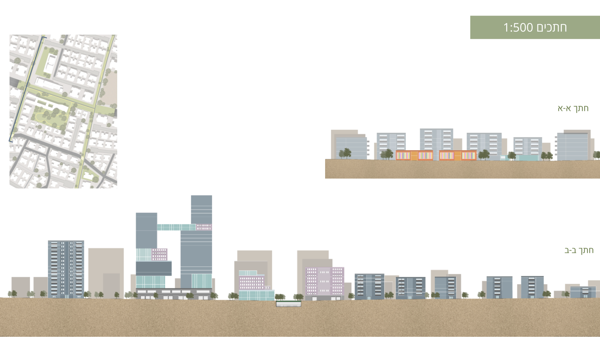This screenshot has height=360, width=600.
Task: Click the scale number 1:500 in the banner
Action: (518, 28)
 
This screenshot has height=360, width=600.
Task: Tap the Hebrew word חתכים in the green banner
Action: (552, 28)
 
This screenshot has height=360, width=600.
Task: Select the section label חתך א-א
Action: (573, 108)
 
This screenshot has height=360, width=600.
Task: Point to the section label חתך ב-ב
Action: (579, 250)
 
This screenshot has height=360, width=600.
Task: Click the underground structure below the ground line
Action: (289, 304)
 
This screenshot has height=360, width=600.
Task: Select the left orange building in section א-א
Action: (414, 155)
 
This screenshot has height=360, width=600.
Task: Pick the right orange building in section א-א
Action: (458, 155)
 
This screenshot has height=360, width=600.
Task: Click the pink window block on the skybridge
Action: (204, 227)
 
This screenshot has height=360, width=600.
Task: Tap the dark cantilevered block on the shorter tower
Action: (153, 268)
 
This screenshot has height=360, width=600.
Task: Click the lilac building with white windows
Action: (324, 281)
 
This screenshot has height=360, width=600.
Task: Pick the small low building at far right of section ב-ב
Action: (583, 292)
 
